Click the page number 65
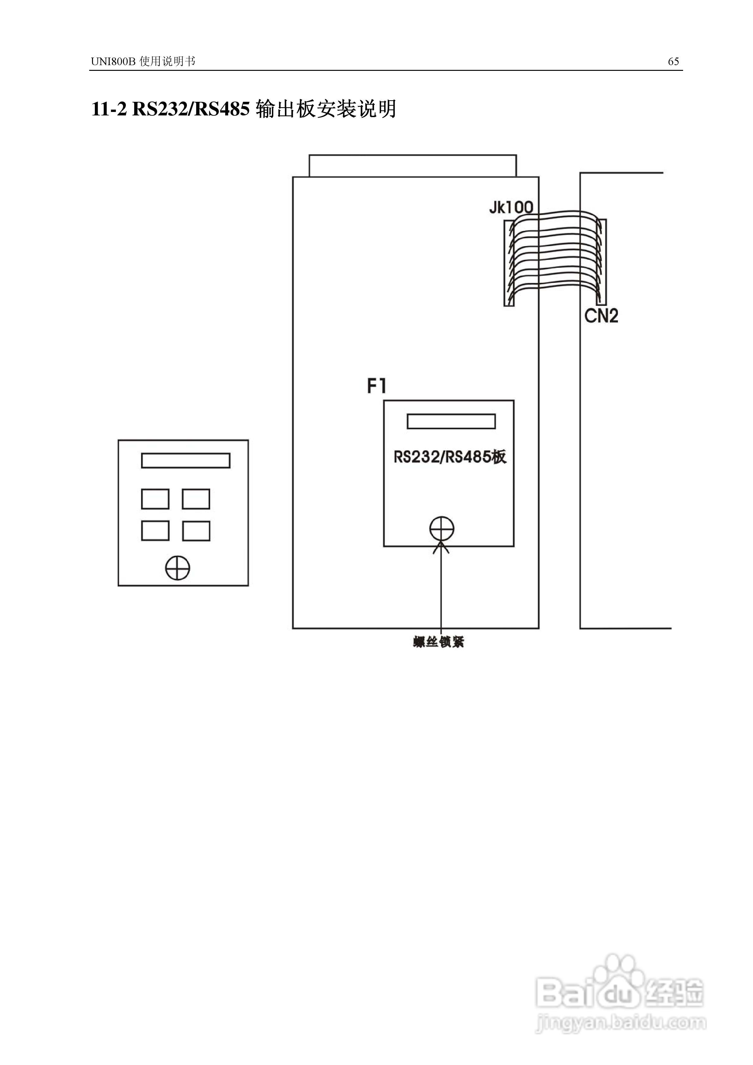click(673, 62)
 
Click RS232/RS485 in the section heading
click(191, 109)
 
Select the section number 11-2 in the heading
click(108, 109)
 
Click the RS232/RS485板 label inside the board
click(450, 457)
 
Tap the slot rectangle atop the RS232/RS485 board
click(451, 421)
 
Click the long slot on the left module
click(186, 461)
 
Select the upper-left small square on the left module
click(155, 499)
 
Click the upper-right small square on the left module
click(196, 499)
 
